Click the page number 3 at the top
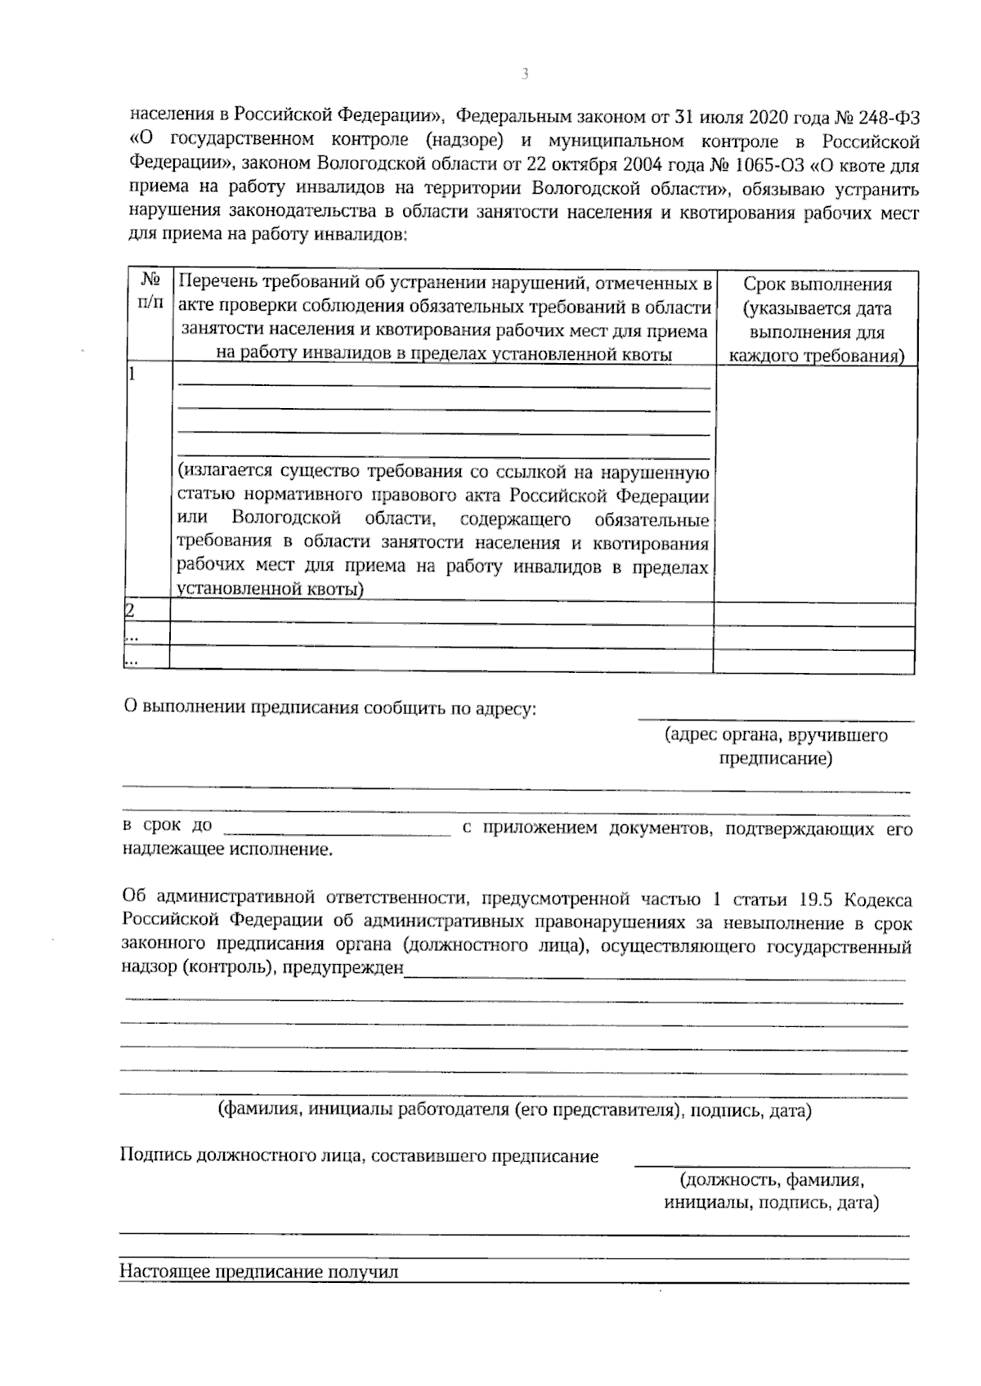click(x=525, y=74)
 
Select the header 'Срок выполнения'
click(x=817, y=285)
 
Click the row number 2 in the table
click(x=129, y=611)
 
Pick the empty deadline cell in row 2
click(x=814, y=612)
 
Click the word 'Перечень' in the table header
click(x=215, y=284)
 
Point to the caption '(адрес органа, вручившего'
click(x=776, y=734)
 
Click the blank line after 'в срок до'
click(x=337, y=829)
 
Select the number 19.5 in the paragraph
click(x=813, y=899)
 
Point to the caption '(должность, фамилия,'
click(x=771, y=1180)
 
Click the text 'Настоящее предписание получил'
click(x=258, y=1272)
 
